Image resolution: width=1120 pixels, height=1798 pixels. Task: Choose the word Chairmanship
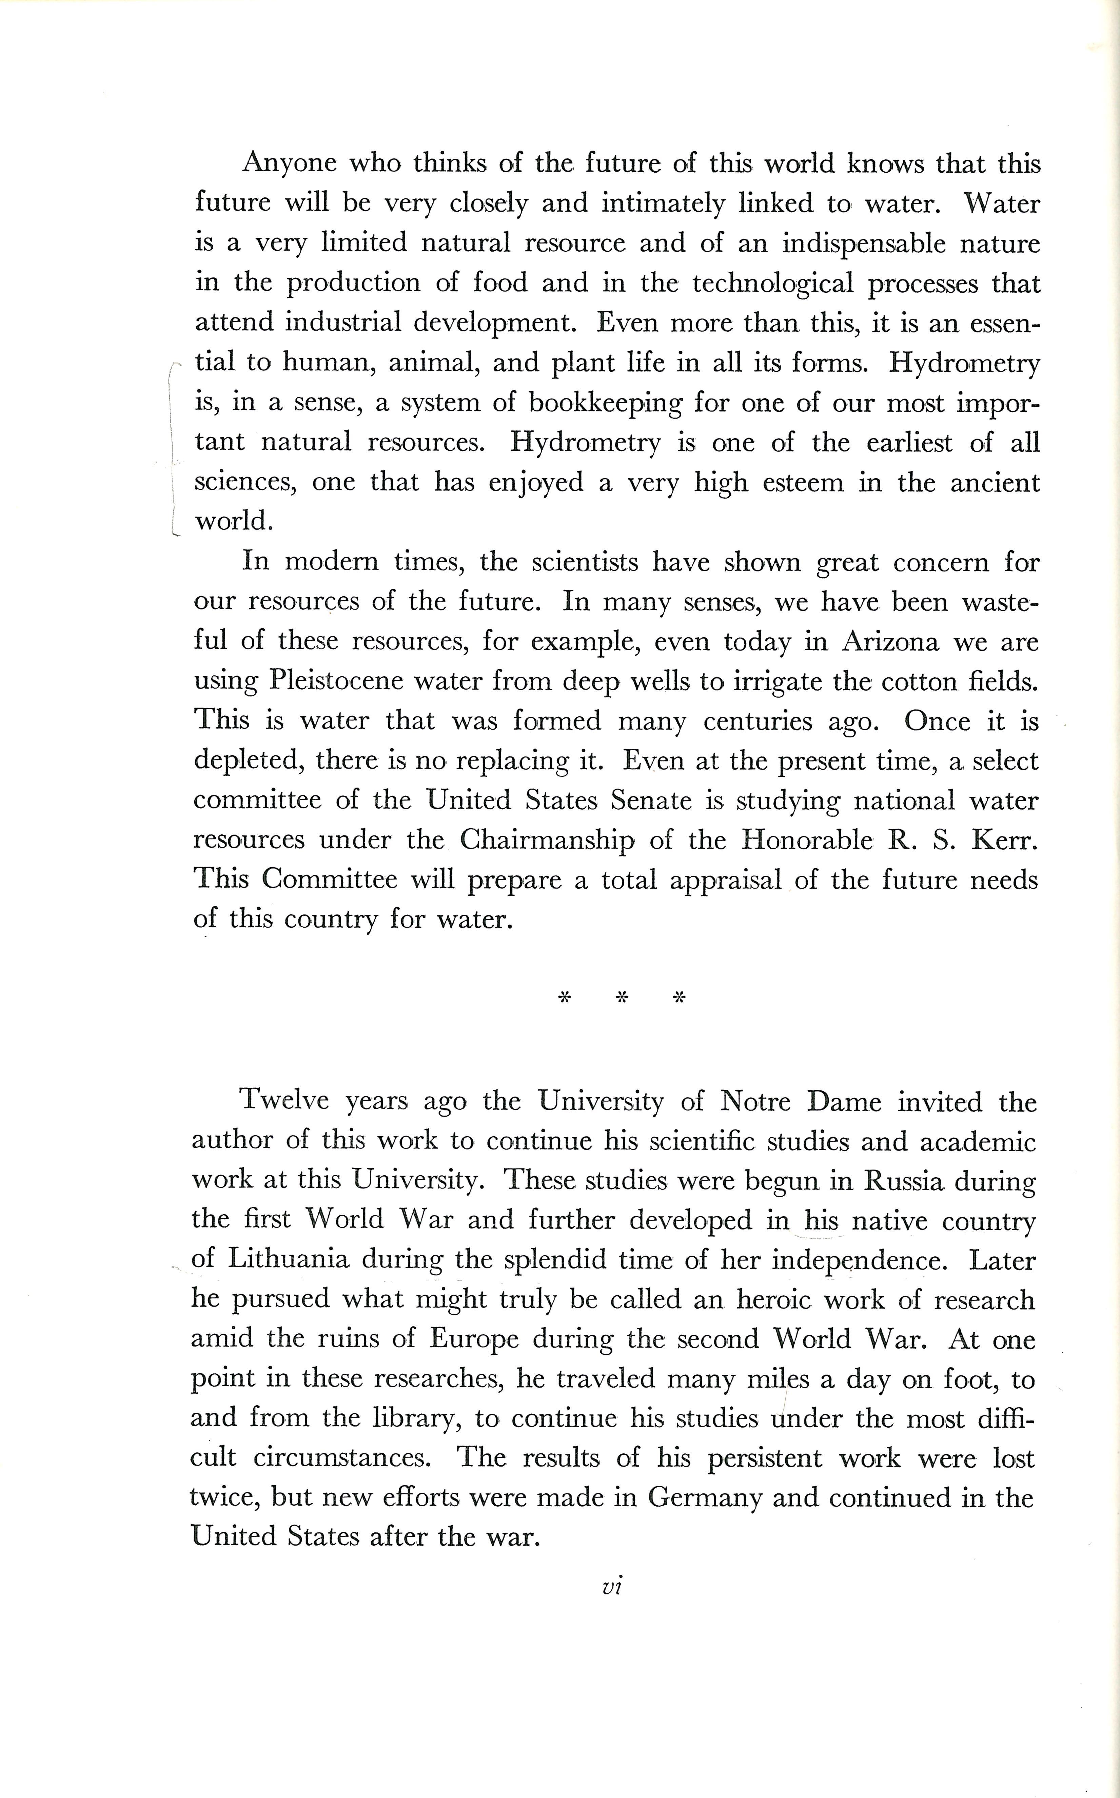pos(547,840)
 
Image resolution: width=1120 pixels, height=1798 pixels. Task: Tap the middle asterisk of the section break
pos(622,998)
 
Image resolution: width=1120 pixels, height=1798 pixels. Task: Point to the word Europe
pos(474,1339)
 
